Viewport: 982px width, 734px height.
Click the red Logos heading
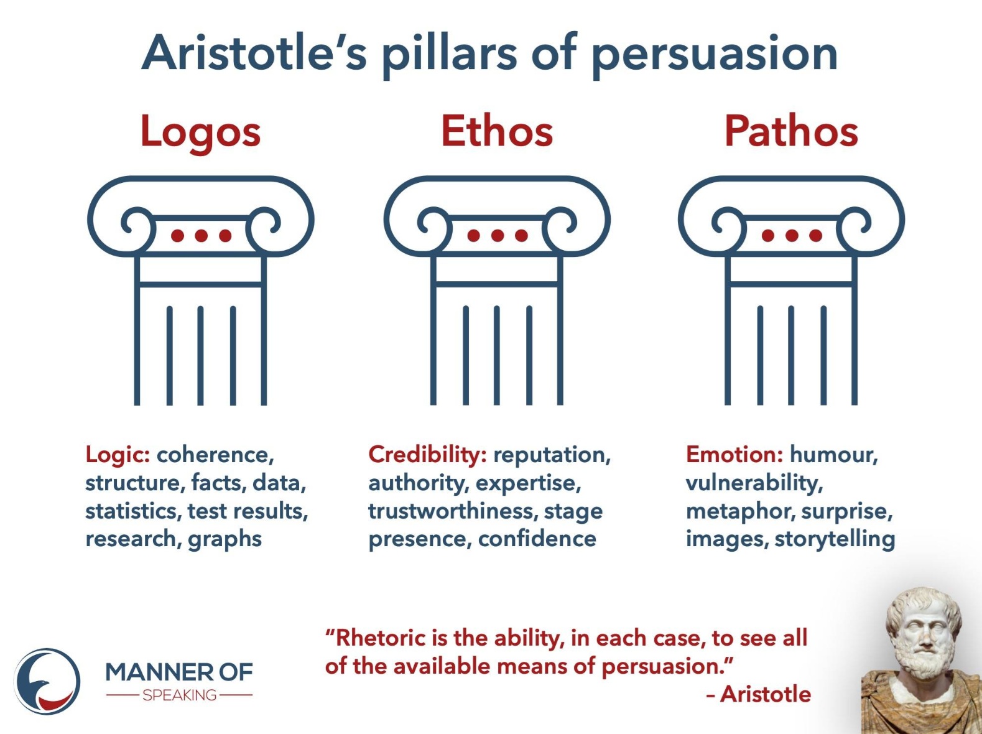coord(200,131)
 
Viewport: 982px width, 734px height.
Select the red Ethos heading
coord(497,131)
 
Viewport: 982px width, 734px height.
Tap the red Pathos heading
coord(791,131)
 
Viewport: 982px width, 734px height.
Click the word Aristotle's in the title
coord(254,53)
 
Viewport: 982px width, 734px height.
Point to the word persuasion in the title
coord(715,56)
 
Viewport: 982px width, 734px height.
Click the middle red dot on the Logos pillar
coord(201,235)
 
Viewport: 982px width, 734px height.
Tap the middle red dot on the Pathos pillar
coord(792,235)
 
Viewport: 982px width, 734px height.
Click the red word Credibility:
coord(427,455)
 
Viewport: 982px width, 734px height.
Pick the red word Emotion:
coord(734,455)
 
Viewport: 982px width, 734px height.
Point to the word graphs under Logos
coord(225,539)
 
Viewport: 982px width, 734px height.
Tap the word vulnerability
coord(754,483)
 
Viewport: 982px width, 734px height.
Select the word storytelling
coord(835,539)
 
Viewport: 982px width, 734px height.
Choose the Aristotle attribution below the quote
coord(759,694)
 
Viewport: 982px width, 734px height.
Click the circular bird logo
coord(47,681)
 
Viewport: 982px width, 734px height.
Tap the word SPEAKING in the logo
coord(179,695)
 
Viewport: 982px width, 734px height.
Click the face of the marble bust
coord(923,634)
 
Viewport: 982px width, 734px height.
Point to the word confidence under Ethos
coord(537,539)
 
